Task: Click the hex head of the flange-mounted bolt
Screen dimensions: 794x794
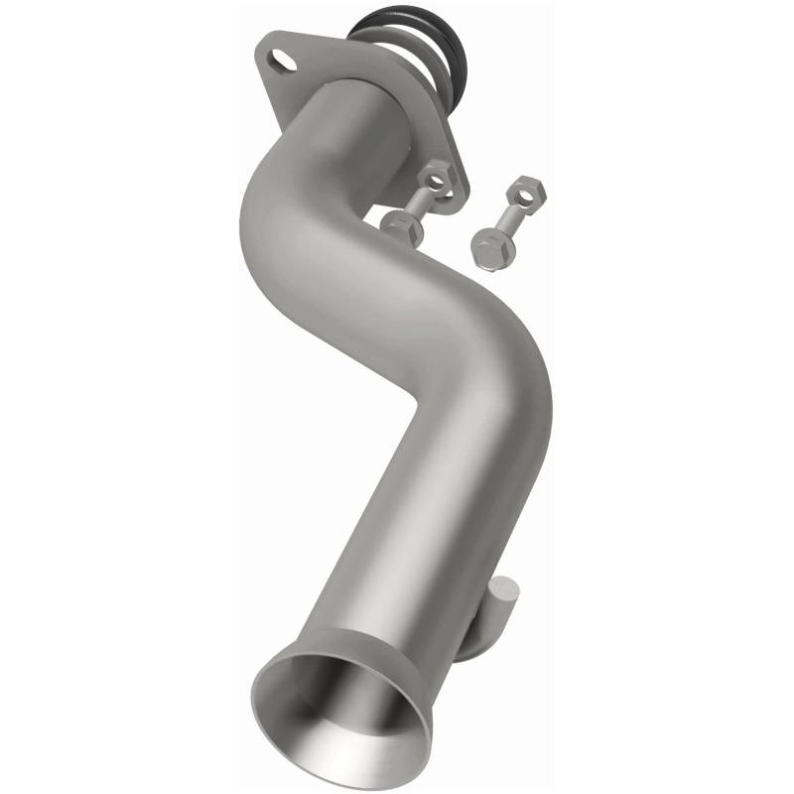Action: pos(401,226)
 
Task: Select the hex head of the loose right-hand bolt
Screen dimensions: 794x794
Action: pos(487,247)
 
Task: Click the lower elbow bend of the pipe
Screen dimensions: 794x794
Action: pos(496,377)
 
